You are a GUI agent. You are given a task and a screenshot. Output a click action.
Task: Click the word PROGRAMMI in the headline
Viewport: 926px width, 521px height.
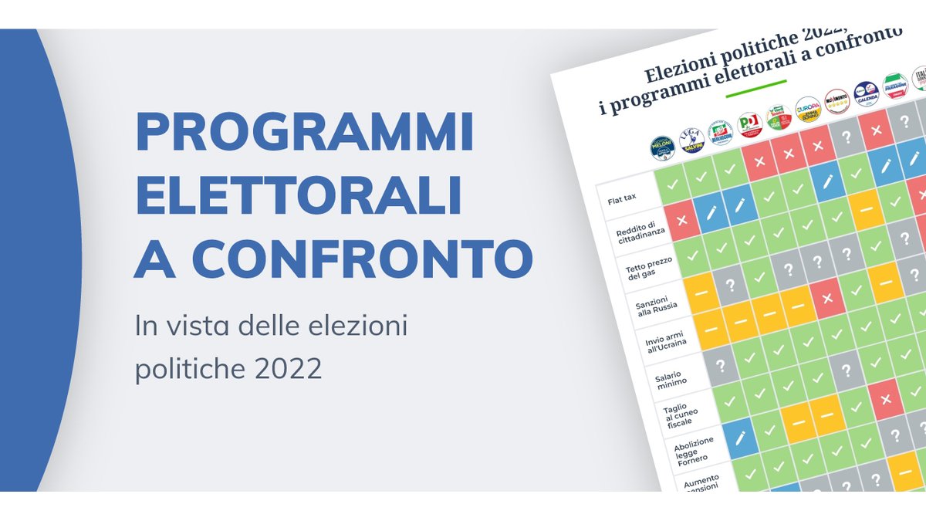point(304,132)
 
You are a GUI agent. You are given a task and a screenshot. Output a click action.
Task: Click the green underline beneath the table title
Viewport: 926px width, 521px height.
point(755,86)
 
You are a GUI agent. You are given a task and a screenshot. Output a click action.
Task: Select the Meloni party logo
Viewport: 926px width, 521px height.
point(662,147)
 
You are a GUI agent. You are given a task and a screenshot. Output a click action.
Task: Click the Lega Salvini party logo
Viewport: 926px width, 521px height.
point(691,140)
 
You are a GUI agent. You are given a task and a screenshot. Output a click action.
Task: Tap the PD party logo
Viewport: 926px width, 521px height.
point(749,124)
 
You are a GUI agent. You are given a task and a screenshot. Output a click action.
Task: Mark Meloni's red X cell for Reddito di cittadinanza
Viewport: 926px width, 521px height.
point(682,220)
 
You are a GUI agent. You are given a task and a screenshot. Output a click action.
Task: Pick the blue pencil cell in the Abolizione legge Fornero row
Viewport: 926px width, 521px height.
point(739,438)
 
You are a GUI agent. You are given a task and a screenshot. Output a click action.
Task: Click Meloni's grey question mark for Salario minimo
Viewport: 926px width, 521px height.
point(721,365)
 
